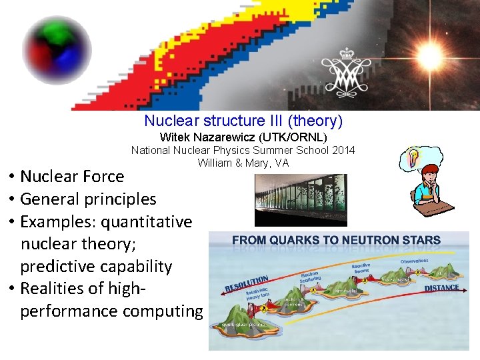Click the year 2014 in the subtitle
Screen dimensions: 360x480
coord(344,150)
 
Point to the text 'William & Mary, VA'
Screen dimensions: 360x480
coord(243,163)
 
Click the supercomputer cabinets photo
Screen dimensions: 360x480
coord(301,199)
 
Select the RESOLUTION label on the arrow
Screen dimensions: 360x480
coord(247,285)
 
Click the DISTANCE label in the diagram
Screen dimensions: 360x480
coord(441,288)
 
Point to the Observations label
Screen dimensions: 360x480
coord(415,261)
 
